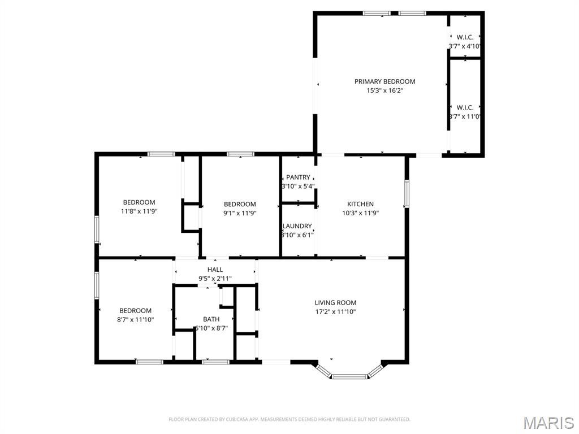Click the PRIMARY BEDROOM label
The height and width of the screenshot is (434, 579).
pyautogui.click(x=384, y=81)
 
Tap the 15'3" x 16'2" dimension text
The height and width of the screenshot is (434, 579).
pyautogui.click(x=384, y=90)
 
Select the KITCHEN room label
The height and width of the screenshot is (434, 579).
pyautogui.click(x=360, y=204)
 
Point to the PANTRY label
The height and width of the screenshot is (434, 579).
pyautogui.click(x=298, y=177)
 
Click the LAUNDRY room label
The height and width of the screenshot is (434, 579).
pyautogui.click(x=297, y=226)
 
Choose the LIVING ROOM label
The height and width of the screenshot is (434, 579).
pyautogui.click(x=335, y=303)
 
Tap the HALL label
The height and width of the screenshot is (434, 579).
pyautogui.click(x=215, y=270)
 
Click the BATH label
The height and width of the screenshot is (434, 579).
pyautogui.click(x=211, y=319)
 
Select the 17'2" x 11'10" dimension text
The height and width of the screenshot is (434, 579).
pyautogui.click(x=335, y=311)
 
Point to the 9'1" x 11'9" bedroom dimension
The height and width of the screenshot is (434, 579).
pyautogui.click(x=240, y=213)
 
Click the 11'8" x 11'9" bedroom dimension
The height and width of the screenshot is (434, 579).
pyautogui.click(x=139, y=211)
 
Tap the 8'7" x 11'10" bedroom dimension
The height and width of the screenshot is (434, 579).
pyautogui.click(x=136, y=319)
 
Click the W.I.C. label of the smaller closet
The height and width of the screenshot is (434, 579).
pyautogui.click(x=465, y=37)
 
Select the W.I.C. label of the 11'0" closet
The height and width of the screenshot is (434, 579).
pyautogui.click(x=465, y=107)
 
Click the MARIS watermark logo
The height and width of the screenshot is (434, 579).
pyautogui.click(x=548, y=423)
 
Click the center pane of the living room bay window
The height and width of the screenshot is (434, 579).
pyautogui.click(x=349, y=376)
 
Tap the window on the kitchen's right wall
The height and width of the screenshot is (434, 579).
pyautogui.click(x=407, y=194)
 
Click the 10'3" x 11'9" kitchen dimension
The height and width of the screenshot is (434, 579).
pyautogui.click(x=360, y=213)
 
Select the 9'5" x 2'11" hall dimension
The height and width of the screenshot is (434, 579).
pyautogui.click(x=215, y=278)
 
